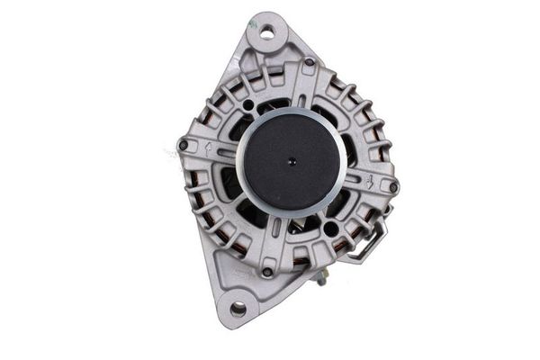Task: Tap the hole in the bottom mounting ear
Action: [238, 309]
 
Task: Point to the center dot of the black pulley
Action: [291, 162]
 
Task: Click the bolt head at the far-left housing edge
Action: [184, 145]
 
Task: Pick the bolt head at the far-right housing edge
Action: [393, 186]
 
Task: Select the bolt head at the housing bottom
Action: [267, 272]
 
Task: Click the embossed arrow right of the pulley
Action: [372, 177]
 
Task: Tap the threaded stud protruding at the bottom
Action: [320, 280]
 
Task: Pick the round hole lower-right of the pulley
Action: [331, 229]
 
